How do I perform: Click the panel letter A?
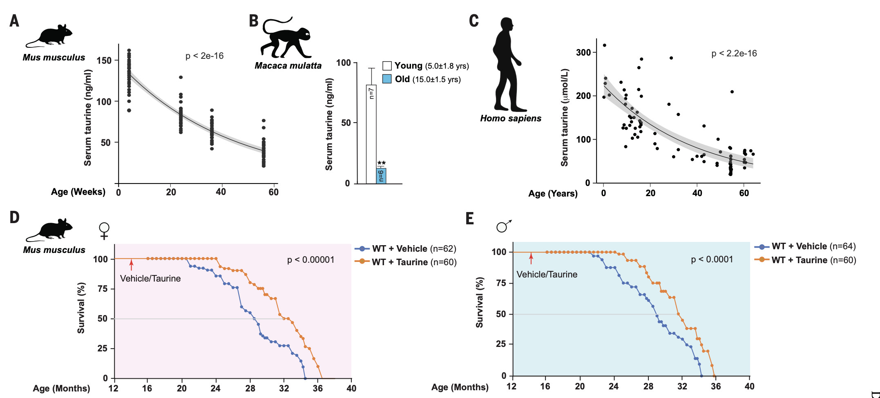click(14, 20)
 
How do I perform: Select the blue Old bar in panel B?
click(381, 176)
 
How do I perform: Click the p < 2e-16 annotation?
click(204, 56)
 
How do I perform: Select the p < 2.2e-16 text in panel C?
click(734, 54)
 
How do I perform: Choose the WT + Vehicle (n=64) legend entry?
click(805, 246)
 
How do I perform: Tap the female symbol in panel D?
click(105, 230)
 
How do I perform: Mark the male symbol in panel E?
click(503, 226)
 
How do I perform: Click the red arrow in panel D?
click(131, 265)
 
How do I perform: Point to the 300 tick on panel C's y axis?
click(583, 52)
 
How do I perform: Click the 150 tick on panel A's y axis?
click(104, 60)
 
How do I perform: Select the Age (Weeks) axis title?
click(78, 192)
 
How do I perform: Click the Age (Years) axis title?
click(553, 194)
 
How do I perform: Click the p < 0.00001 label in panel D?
click(310, 260)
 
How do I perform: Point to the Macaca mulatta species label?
click(288, 65)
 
